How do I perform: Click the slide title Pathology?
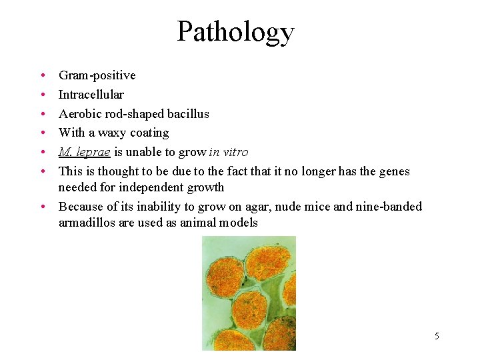coord(235,31)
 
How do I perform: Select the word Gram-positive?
coord(97,75)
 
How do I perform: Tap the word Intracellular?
coord(91,95)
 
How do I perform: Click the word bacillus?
coord(187,114)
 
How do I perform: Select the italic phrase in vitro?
coord(228,152)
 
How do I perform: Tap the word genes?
coord(393,171)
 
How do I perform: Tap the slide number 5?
coord(437,336)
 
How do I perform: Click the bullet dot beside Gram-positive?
coord(41,76)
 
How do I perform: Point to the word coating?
coord(149,133)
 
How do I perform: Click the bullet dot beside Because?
coord(41,207)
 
